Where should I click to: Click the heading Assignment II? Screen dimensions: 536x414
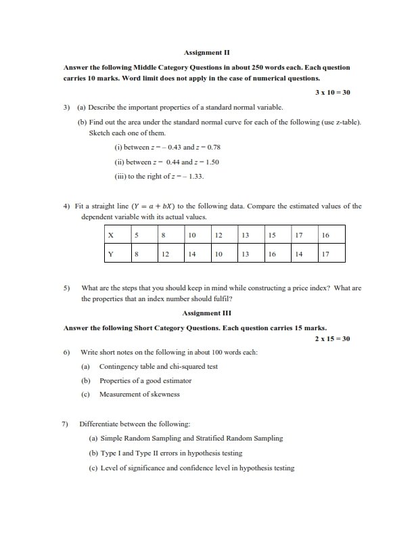pyautogui.click(x=208, y=51)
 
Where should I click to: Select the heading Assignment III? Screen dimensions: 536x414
pyautogui.click(x=208, y=313)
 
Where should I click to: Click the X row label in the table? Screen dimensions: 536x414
pyautogui.click(x=110, y=236)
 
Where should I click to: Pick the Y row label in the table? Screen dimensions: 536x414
pyautogui.click(x=110, y=254)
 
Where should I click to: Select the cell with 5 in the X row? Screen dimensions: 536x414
pyautogui.click(x=136, y=236)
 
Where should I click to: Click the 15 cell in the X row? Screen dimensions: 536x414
pyautogui.click(x=272, y=236)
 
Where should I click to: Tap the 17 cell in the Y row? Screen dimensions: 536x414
pyautogui.click(x=325, y=254)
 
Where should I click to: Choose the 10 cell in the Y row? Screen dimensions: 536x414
pyautogui.click(x=218, y=254)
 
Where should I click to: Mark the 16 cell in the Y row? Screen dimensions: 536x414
pyautogui.click(x=272, y=254)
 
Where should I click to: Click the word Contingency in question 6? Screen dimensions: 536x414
pyautogui.click(x=120, y=367)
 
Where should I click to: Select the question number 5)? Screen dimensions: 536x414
pyautogui.click(x=67, y=288)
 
